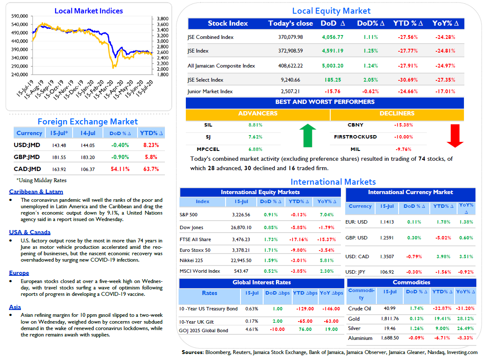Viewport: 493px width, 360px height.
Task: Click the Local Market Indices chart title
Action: [89, 11]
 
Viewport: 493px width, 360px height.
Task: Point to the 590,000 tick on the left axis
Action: [20, 16]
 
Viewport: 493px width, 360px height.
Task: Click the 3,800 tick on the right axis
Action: [162, 18]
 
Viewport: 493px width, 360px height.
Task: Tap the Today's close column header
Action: [291, 24]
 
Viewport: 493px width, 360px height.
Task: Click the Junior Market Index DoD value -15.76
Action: [332, 91]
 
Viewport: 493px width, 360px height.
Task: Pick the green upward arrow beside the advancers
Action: [308, 135]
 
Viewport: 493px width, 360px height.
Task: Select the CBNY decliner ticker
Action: [355, 125]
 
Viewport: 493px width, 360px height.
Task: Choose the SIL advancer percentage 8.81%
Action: [255, 125]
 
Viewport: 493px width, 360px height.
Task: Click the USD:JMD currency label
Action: [27, 145]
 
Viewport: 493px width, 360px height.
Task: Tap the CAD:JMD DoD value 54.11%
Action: [120, 169]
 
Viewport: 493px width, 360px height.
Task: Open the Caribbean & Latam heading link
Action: [36, 192]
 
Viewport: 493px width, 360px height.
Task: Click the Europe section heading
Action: [19, 273]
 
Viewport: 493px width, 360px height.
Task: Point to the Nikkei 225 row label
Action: [191, 260]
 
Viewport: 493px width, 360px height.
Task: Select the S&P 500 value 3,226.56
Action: [241, 215]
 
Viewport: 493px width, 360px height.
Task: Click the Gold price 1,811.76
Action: [390, 319]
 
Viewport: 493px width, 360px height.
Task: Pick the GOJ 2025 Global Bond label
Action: [203, 330]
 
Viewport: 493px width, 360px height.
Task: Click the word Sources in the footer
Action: [192, 352]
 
